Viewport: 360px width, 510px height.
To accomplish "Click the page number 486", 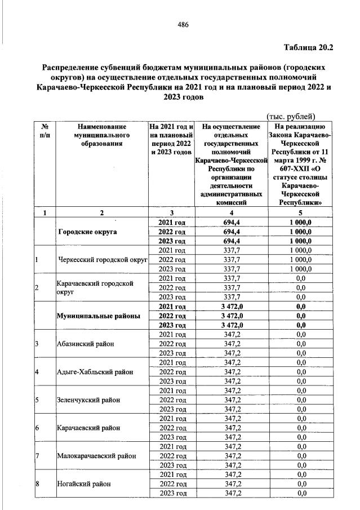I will click(183, 24).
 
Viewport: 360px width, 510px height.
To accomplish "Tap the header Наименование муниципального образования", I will click(101, 136).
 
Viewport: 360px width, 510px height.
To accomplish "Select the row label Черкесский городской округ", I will click(101, 260).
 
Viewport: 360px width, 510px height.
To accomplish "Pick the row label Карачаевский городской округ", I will click(95, 288).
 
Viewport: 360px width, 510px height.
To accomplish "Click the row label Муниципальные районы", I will click(98, 316).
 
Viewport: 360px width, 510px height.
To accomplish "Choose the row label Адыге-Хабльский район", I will click(95, 371).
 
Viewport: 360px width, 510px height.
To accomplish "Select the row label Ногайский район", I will click(81, 484).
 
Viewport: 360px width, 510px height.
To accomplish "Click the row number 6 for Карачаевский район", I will click(37, 428).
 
